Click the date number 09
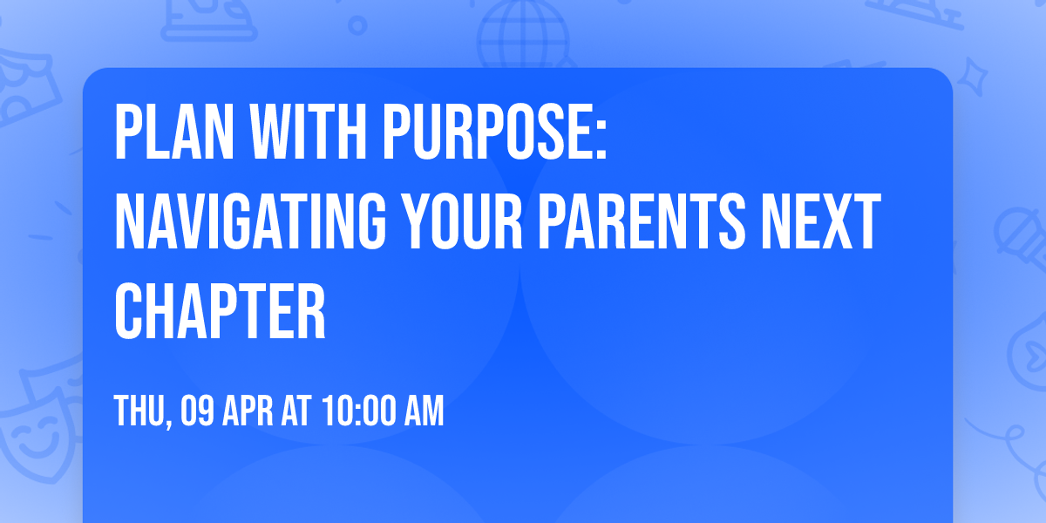[x=200, y=411]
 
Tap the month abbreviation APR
[x=252, y=411]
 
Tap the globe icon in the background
[x=523, y=35]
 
